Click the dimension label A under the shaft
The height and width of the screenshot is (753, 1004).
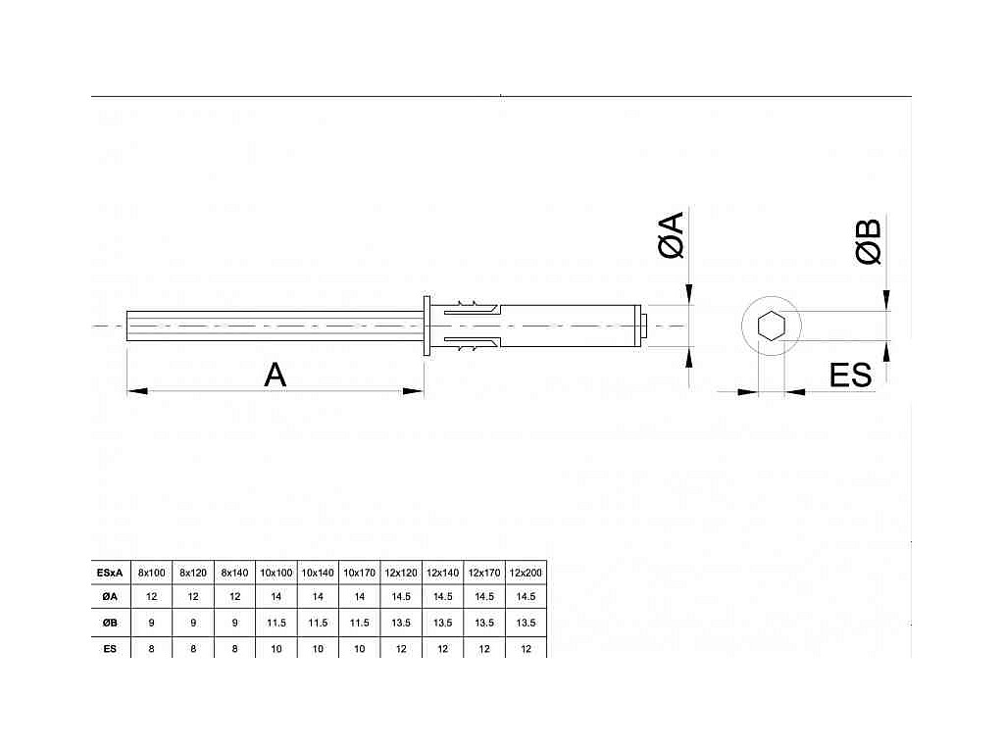[x=276, y=376]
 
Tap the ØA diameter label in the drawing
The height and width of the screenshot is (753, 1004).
[x=672, y=235]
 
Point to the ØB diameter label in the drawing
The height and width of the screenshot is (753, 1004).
[x=869, y=242]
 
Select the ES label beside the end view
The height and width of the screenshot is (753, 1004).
[x=850, y=376]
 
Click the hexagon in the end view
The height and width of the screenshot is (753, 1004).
[x=771, y=326]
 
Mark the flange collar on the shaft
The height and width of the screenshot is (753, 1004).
[x=427, y=326]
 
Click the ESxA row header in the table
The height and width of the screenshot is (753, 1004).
[x=110, y=573]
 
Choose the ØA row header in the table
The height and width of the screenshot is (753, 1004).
[x=110, y=597]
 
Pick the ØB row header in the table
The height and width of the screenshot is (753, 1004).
[x=110, y=623]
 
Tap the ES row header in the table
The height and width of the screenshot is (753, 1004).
[x=110, y=649]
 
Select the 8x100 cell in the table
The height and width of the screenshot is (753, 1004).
[x=152, y=573]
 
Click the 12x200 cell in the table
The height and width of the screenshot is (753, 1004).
[x=526, y=573]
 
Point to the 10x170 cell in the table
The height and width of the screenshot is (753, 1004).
[x=359, y=573]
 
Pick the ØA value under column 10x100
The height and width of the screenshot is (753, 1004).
[x=276, y=597]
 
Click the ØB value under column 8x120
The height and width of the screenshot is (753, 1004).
[x=193, y=623]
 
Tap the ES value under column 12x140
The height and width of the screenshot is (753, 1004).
[x=442, y=649]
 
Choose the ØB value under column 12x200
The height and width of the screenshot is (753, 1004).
[x=526, y=623]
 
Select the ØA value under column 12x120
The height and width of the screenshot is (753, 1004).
[x=401, y=597]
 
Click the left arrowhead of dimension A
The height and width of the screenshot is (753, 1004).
[x=137, y=390]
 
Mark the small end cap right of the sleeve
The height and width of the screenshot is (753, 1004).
[x=645, y=326]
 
